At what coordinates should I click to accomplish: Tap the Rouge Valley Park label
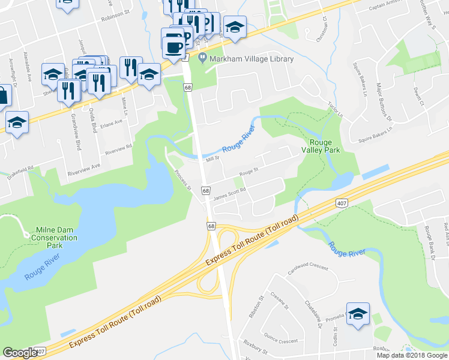(x=325, y=146)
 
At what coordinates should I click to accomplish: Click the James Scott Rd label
(x=231, y=191)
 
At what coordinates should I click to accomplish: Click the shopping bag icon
(x=3, y=95)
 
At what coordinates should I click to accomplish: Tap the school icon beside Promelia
(x=358, y=314)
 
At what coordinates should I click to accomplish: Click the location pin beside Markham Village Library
(x=202, y=59)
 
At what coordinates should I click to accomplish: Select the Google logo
(x=20, y=353)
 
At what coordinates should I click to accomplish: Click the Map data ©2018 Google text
(x=412, y=355)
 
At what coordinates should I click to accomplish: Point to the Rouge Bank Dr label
(x=429, y=244)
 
